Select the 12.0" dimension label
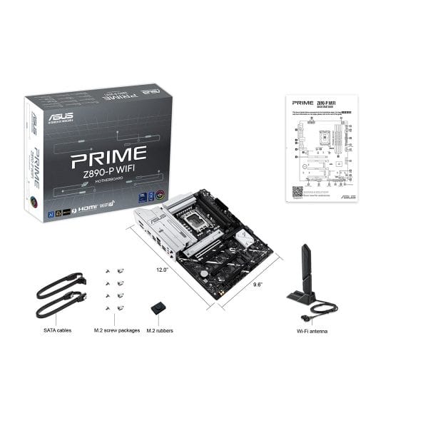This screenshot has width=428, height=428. (x=162, y=270)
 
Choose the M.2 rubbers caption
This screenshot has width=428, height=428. (x=160, y=330)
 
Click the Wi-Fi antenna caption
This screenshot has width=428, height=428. (x=312, y=330)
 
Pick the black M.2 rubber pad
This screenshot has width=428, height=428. (x=158, y=308)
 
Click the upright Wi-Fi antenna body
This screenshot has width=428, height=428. (x=305, y=267)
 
